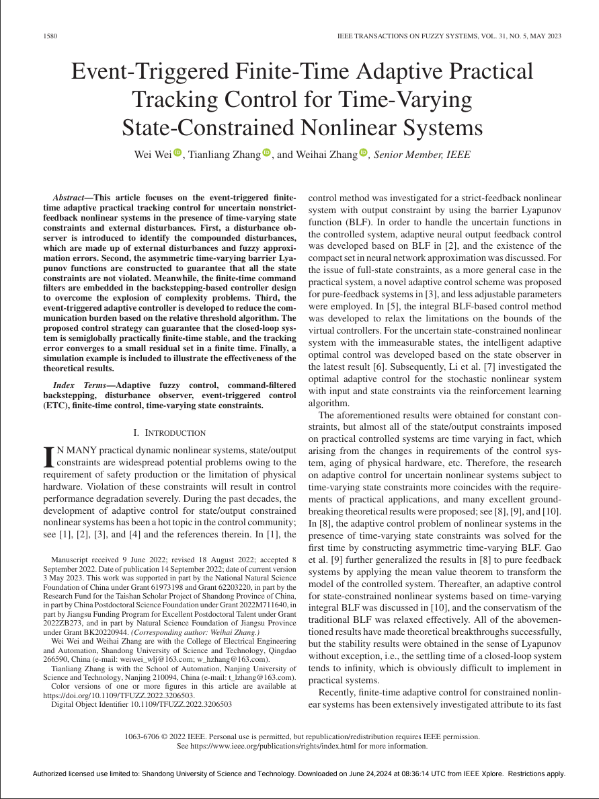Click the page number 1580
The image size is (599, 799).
(x=48, y=36)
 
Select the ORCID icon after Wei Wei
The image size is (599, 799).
(x=177, y=153)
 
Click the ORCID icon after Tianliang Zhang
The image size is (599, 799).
(x=266, y=153)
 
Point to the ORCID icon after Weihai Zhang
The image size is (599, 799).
(x=364, y=153)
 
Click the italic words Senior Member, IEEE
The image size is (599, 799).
(x=422, y=155)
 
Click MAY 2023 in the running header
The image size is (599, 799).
(x=543, y=36)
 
